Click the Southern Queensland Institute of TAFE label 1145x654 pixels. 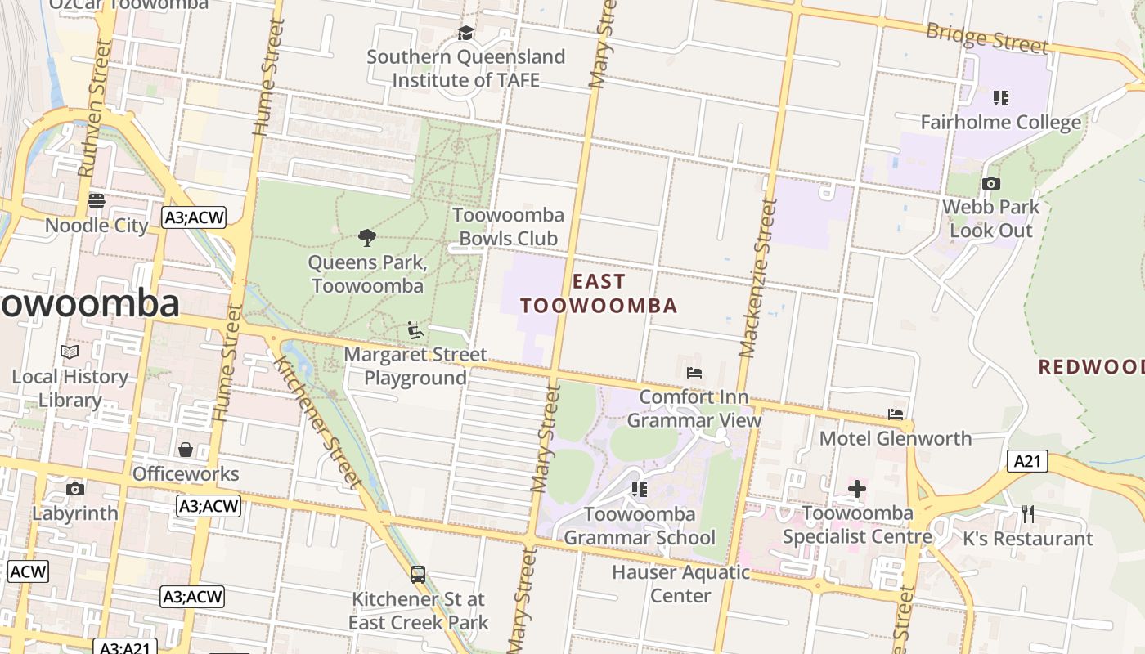465,69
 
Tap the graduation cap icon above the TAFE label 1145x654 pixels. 465,34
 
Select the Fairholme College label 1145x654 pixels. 1000,123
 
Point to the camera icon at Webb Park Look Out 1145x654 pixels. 991,183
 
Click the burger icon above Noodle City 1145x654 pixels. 97,201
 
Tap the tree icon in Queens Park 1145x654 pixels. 367,238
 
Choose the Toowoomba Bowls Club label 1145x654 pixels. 508,226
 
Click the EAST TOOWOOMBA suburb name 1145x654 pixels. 599,293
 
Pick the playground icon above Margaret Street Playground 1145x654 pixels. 415,330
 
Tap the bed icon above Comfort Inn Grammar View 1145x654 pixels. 694,373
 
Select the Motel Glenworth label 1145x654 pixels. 896,438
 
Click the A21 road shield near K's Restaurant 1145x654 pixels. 1026,461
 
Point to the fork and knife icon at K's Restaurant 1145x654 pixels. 1028,514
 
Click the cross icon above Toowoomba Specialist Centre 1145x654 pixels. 856,489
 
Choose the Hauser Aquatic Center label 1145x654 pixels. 680,584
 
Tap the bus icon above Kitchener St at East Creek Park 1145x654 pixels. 418,575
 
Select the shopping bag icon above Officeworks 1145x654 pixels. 186,450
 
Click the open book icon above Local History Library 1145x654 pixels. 70,352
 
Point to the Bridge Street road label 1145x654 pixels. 986,38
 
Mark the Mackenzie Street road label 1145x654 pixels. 757,278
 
